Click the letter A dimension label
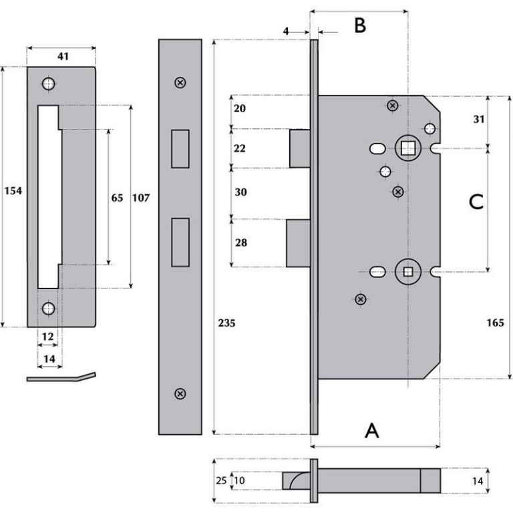point(372,432)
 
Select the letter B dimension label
point(359,26)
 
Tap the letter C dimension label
point(476,202)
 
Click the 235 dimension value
point(226,323)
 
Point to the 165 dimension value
point(495,323)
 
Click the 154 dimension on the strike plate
point(13,191)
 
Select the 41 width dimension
point(63,57)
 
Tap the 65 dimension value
point(117,198)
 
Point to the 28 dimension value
point(240,242)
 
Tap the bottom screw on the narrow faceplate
point(179,394)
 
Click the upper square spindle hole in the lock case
point(406,148)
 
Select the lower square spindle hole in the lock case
point(407,271)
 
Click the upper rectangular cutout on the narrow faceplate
point(179,148)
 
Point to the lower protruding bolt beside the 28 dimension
point(298,242)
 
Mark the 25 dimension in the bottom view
point(221,481)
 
